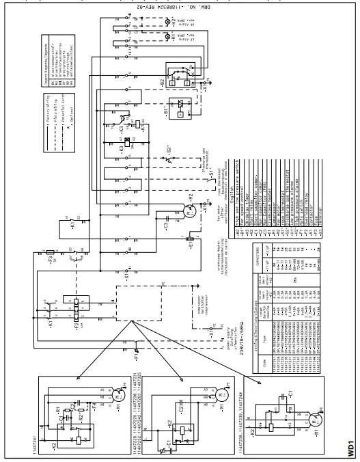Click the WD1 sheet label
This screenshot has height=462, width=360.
(350, 448)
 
